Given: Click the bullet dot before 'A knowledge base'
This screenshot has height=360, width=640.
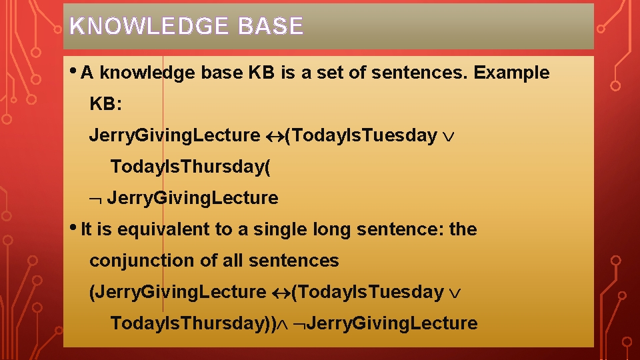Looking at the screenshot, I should (x=73, y=71).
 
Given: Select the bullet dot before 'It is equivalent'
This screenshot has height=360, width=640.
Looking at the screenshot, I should (x=73, y=227).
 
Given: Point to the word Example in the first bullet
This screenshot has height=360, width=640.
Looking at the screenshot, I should (x=511, y=73).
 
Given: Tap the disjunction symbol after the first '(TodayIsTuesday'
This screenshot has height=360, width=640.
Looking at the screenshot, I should (x=449, y=136).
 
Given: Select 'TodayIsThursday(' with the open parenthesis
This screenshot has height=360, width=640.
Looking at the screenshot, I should (x=191, y=167).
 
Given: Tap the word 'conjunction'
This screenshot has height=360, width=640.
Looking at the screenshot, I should (x=142, y=261).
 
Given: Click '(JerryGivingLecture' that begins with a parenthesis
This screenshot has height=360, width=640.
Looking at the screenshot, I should (x=177, y=292).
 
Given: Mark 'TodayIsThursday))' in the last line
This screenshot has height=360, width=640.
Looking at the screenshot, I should (x=193, y=323).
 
